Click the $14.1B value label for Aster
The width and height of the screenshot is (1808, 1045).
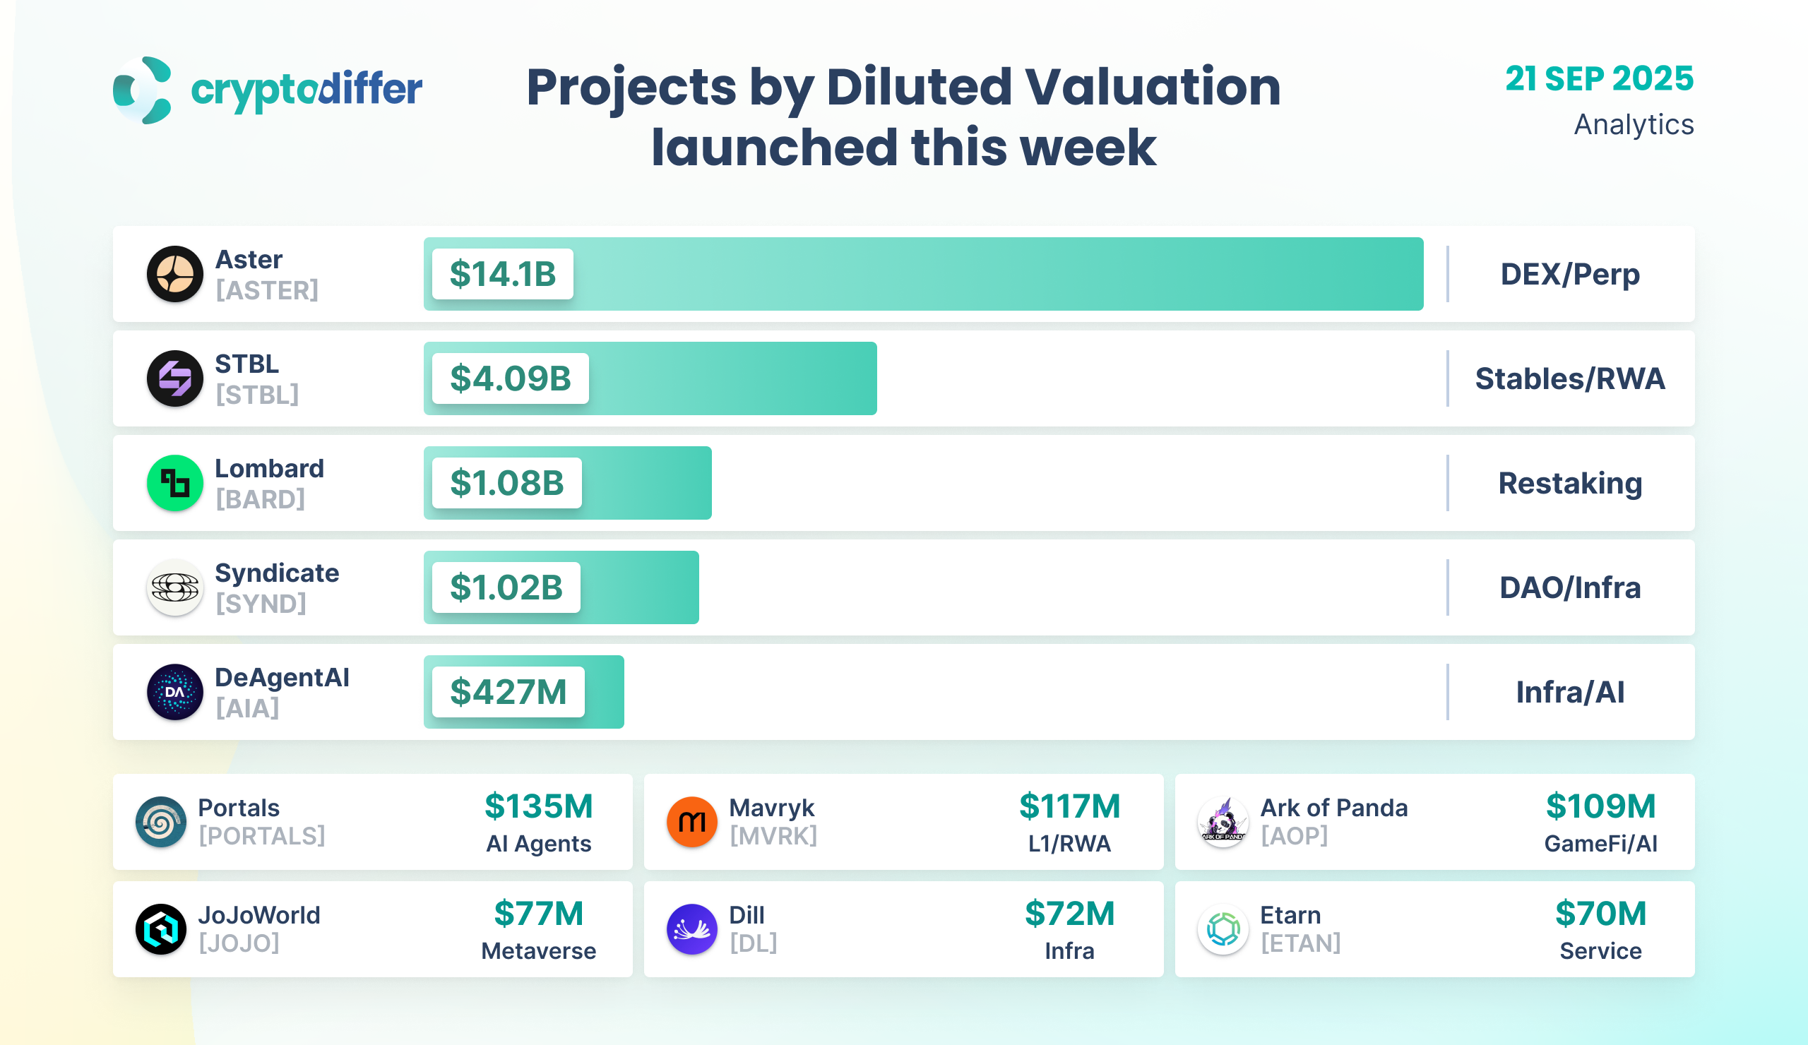(502, 274)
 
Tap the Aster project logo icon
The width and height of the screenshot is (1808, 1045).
(175, 274)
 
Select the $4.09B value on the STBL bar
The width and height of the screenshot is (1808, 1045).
(510, 378)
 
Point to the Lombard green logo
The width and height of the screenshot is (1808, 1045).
(175, 484)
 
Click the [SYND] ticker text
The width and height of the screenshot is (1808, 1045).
(261, 604)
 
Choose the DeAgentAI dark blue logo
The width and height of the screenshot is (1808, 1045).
(175, 692)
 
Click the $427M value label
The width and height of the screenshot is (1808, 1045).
(508, 692)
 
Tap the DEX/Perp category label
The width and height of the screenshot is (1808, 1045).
(1570, 274)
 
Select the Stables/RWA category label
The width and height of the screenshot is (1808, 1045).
(1570, 378)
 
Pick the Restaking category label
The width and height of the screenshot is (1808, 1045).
(1570, 484)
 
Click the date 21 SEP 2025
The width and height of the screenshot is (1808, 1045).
(1598, 79)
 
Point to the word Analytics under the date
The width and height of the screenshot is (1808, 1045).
(1633, 125)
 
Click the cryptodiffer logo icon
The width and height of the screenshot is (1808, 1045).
(143, 90)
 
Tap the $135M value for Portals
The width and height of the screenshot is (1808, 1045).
(538, 806)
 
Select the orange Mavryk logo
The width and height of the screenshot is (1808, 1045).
(691, 822)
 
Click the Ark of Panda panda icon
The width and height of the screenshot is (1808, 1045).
(1223, 822)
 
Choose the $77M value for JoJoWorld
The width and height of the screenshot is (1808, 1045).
(538, 914)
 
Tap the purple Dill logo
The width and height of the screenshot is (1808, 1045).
(691, 929)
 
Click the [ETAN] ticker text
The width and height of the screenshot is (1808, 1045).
(1300, 943)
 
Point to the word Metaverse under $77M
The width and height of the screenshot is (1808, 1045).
(538, 951)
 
